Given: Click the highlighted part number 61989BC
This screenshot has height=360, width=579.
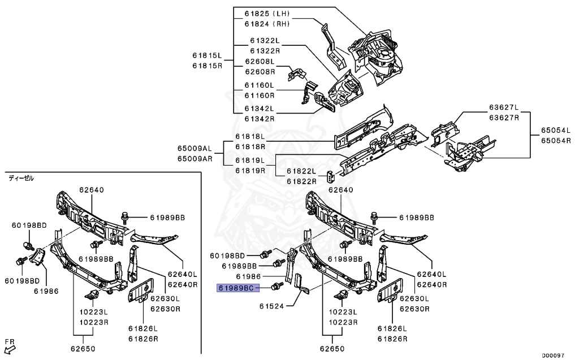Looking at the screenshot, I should (x=238, y=288).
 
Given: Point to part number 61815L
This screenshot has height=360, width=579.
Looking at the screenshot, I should (x=206, y=55).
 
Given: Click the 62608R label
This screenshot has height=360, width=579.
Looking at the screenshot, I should (x=260, y=72).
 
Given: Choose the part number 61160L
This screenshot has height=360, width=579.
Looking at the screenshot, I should (x=260, y=85).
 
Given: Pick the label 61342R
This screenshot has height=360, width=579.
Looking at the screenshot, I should (x=260, y=119).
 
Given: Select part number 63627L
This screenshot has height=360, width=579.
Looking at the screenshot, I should (x=503, y=107).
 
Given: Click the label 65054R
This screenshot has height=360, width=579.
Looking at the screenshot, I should (x=556, y=140).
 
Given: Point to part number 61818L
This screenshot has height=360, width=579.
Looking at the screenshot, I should (x=250, y=137).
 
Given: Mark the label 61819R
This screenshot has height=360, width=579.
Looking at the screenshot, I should (x=250, y=170).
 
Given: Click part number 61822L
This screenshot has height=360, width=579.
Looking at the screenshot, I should (x=301, y=171).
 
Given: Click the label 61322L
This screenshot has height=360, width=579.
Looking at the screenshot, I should (x=265, y=41).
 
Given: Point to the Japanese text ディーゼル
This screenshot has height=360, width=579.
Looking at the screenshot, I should (x=21, y=178).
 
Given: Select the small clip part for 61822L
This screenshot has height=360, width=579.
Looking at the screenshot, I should (x=330, y=175).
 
